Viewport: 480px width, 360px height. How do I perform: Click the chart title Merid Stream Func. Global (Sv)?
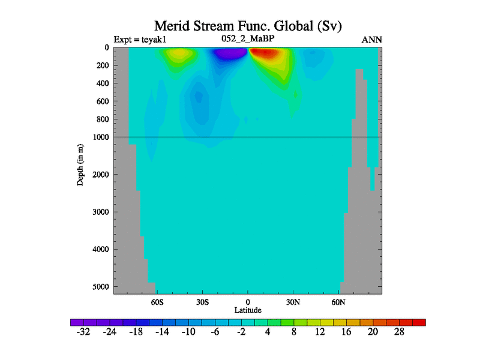[x=248, y=26]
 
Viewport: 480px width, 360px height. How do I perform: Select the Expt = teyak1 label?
[x=140, y=40]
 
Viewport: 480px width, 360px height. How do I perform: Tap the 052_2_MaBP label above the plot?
[x=248, y=40]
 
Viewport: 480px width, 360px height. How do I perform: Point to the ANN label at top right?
[x=372, y=40]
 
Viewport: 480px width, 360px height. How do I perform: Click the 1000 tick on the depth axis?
[x=100, y=137]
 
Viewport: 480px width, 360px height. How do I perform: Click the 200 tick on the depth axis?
[x=102, y=65]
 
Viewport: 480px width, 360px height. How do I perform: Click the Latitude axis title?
[x=248, y=310]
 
